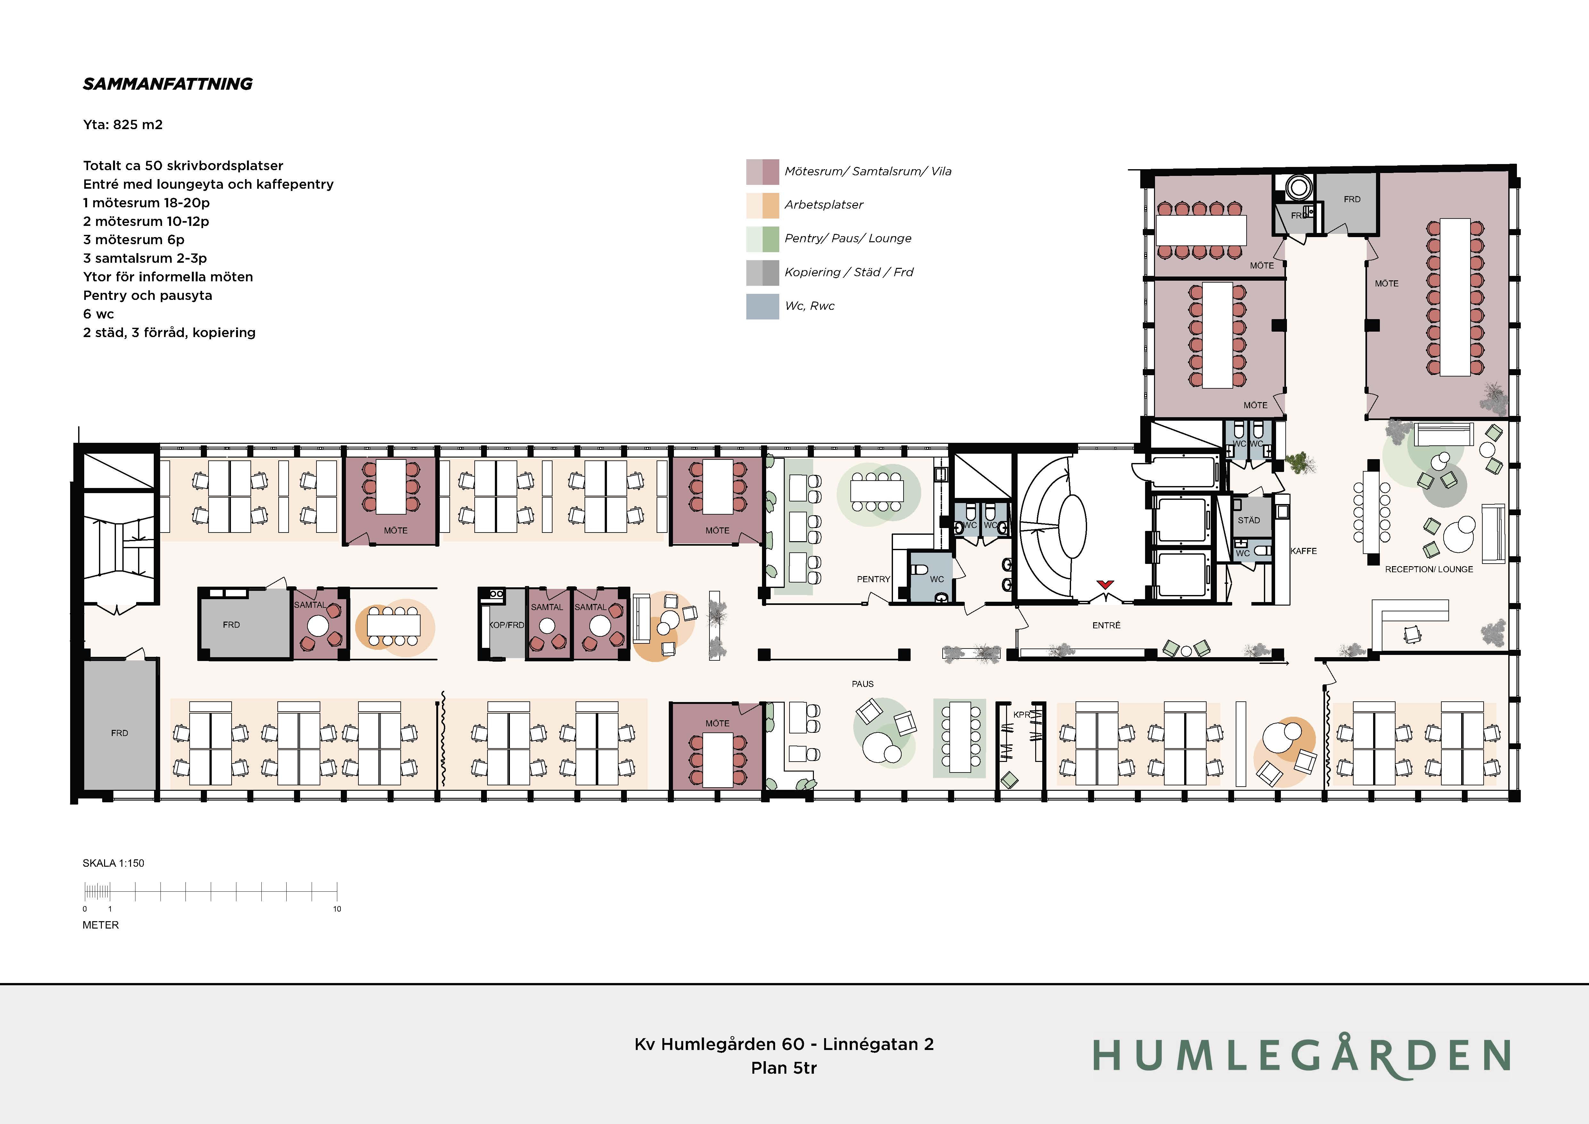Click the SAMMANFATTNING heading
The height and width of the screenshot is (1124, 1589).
168,84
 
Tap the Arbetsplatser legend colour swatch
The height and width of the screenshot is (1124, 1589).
762,205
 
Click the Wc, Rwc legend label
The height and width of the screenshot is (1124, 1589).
810,306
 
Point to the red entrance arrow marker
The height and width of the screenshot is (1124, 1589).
1105,584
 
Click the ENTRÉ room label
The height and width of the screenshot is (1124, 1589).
1106,625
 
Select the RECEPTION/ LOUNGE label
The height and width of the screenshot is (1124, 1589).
1429,569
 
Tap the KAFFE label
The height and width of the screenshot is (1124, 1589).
1304,551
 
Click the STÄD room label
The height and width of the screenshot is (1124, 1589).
1249,520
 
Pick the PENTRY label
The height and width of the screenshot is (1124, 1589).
873,579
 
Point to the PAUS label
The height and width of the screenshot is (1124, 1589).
862,684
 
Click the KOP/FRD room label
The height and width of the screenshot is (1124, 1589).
507,625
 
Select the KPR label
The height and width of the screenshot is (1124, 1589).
1021,714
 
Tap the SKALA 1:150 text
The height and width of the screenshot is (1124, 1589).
113,863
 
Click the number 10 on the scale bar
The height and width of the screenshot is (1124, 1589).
337,909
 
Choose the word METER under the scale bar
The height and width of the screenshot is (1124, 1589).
100,925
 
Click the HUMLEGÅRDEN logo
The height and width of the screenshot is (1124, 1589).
1301,1055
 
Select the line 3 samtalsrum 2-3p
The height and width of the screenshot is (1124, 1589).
145,258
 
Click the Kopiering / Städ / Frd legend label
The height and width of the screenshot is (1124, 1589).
848,272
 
